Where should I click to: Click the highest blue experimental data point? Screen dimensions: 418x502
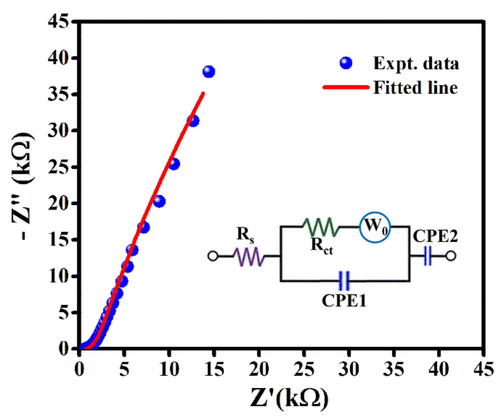(209, 72)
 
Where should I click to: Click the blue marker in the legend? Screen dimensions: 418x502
(346, 63)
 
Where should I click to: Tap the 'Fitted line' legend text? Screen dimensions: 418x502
(415, 87)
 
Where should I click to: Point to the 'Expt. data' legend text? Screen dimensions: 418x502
(416, 63)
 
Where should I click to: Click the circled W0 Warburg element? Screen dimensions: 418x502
(375, 227)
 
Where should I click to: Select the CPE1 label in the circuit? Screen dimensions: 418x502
(344, 300)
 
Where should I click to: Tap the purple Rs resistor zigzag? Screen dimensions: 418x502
(249, 256)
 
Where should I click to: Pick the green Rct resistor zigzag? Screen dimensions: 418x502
(321, 227)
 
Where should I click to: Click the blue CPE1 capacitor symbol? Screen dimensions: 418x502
(344, 281)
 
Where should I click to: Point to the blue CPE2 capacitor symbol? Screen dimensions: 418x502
(428, 256)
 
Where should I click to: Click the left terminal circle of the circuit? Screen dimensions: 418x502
(213, 256)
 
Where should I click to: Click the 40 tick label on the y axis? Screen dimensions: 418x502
(58, 58)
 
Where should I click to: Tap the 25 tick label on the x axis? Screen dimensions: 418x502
(304, 369)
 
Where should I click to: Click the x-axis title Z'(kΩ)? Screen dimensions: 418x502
(289, 398)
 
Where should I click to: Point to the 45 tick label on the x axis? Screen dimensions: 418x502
(484, 369)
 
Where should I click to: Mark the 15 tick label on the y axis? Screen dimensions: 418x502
(58, 240)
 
